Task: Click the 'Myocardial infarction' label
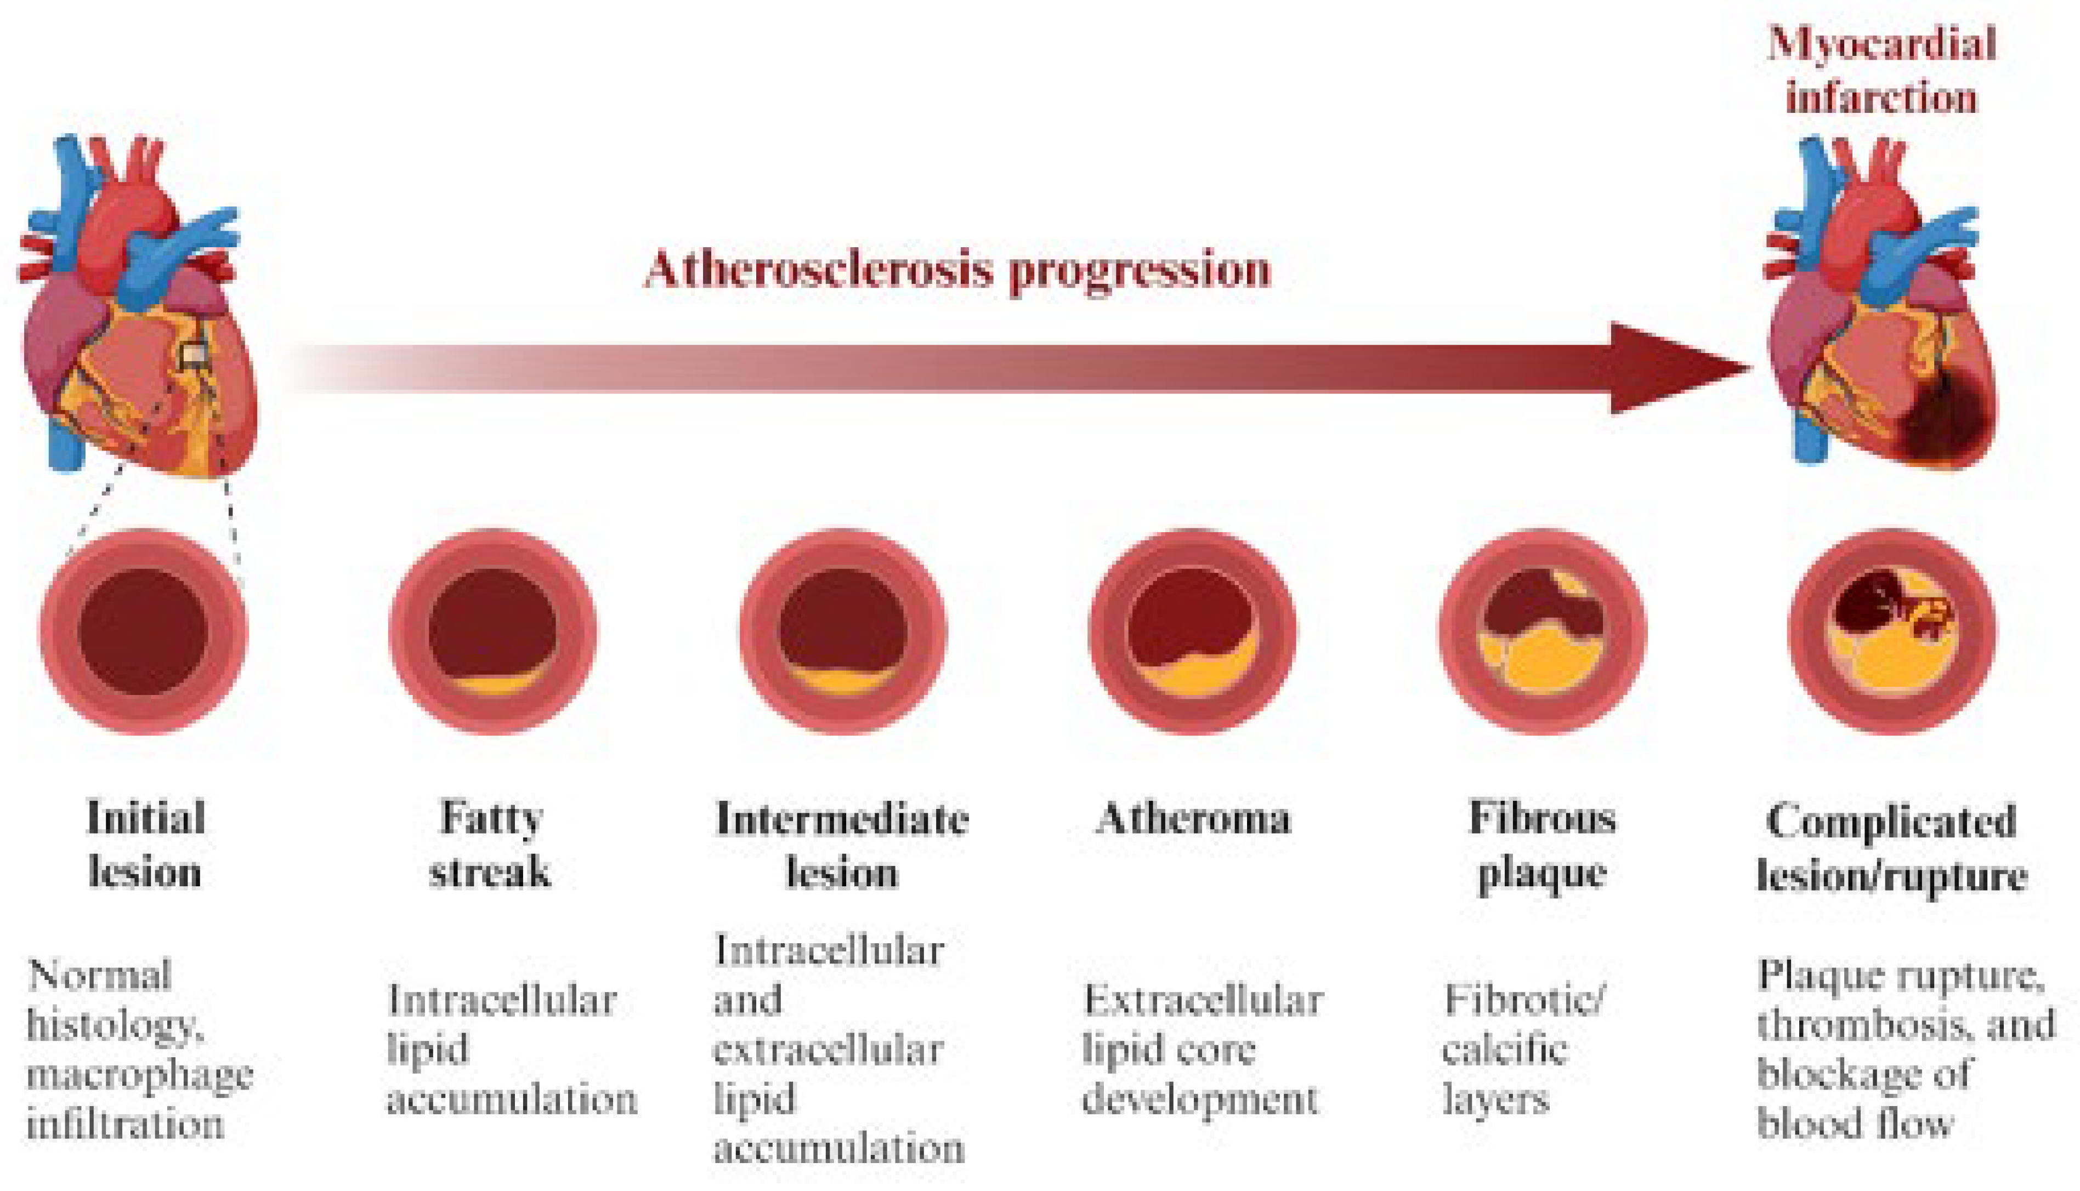click(x=1880, y=70)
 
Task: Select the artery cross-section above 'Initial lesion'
click(x=143, y=631)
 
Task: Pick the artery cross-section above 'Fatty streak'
click(x=492, y=631)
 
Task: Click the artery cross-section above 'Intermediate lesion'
click(x=843, y=631)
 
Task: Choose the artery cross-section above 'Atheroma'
click(x=1192, y=631)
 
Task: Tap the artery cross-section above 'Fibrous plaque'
click(x=1543, y=631)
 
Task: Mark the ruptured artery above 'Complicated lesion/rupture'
click(x=1892, y=631)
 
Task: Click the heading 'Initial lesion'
click(x=145, y=844)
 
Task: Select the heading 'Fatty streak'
click(x=491, y=844)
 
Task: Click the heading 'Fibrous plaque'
click(x=1543, y=844)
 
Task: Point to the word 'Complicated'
click(x=1890, y=821)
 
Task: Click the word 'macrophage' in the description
click(x=140, y=1075)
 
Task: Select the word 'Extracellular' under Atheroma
click(x=1203, y=1000)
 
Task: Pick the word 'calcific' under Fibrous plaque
click(x=1504, y=1048)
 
